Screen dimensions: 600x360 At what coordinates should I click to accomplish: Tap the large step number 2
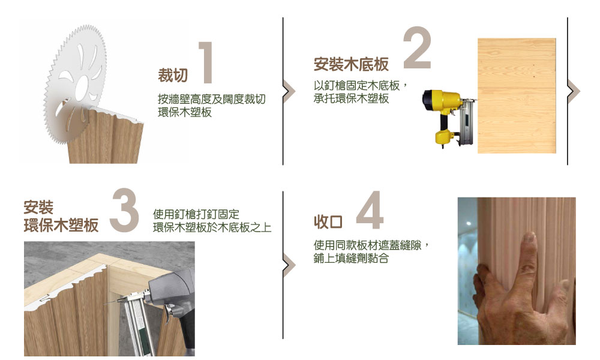417,47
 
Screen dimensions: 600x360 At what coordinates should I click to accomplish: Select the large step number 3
124,210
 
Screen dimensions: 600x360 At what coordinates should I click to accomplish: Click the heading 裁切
173,76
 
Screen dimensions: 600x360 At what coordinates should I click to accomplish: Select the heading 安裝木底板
351,64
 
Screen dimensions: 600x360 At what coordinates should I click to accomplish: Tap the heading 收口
328,222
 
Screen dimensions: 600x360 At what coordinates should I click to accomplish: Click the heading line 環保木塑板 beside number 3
61,226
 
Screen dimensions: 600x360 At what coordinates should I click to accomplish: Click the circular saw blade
75,84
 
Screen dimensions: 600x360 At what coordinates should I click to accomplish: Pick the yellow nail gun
448,116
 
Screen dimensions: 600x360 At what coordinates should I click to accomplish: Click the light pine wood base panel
517,95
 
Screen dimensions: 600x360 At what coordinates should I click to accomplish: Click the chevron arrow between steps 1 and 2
289,91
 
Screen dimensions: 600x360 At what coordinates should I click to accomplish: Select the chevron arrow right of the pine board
574,91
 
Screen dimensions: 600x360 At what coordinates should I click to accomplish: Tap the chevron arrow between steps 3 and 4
289,265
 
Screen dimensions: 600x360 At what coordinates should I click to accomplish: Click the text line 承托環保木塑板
351,98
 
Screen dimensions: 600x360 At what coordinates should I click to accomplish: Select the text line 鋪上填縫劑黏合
351,258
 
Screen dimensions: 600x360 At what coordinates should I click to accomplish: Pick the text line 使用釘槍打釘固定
196,214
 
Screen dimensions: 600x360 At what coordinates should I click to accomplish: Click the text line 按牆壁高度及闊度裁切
212,99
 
